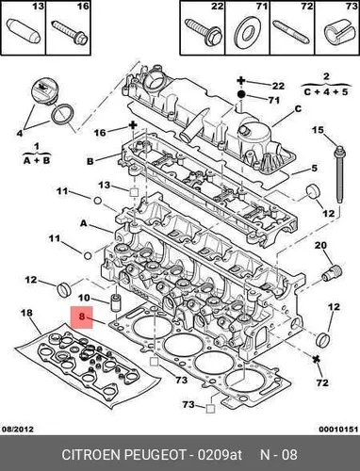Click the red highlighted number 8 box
pyautogui.click(x=82, y=317)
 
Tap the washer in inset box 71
pyautogui.click(x=248, y=32)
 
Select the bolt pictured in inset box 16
pyautogui.click(x=71, y=32)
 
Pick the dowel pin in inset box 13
pyautogui.click(x=24, y=31)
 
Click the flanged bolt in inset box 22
pyautogui.click(x=204, y=32)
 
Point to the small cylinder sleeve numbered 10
pyautogui.click(x=116, y=302)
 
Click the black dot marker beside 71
pyautogui.click(x=241, y=94)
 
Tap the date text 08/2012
pyautogui.click(x=18, y=429)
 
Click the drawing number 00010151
pyautogui.click(x=338, y=429)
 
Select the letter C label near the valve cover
pyautogui.click(x=298, y=108)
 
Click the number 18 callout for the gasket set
pyautogui.click(x=26, y=313)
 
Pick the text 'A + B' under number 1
pyautogui.click(x=37, y=160)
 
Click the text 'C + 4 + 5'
pyautogui.click(x=326, y=92)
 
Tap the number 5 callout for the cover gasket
pyautogui.click(x=315, y=169)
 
